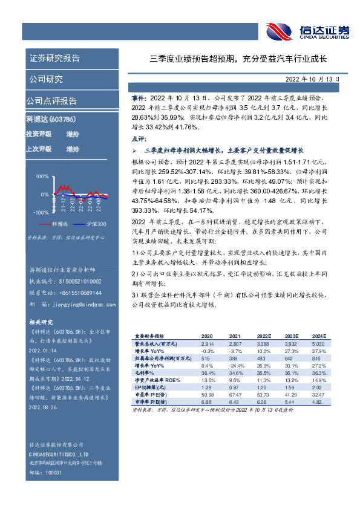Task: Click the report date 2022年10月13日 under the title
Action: (x=313, y=79)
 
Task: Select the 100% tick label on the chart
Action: (x=42, y=177)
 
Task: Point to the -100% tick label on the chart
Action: (x=41, y=213)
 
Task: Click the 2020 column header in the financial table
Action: (x=207, y=336)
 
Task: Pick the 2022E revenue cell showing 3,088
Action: (x=263, y=343)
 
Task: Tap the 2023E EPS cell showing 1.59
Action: (x=290, y=387)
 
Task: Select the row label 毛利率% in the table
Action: (x=143, y=373)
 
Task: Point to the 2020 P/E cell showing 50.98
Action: (x=207, y=395)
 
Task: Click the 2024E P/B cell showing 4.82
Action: (x=318, y=402)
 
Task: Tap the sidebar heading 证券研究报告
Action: (x=54, y=59)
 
